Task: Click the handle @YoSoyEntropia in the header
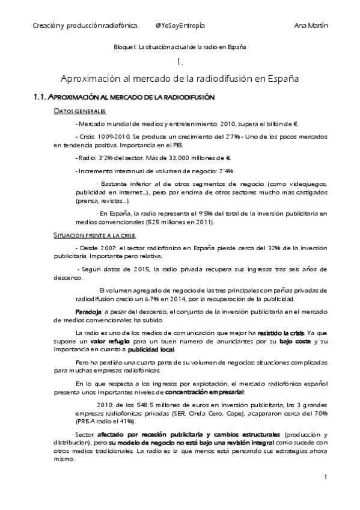tap(180, 25)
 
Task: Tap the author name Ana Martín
tap(314, 25)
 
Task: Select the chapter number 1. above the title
tap(180, 63)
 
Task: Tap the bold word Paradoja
tap(88, 311)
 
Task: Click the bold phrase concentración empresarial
tap(212, 392)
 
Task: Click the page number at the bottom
tap(325, 478)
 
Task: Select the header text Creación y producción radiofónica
tap(85, 25)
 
